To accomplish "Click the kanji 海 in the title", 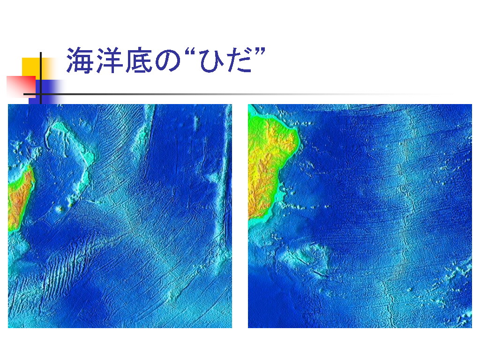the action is pos(80,60).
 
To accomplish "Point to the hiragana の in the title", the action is pos(168,61).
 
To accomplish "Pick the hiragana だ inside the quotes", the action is pos(240,60).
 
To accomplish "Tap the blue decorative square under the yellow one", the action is pos(46,90).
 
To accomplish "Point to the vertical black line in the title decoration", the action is pos(41,78).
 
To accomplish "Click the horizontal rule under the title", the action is pos(232,94).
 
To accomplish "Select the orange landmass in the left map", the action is pos(19,199).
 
